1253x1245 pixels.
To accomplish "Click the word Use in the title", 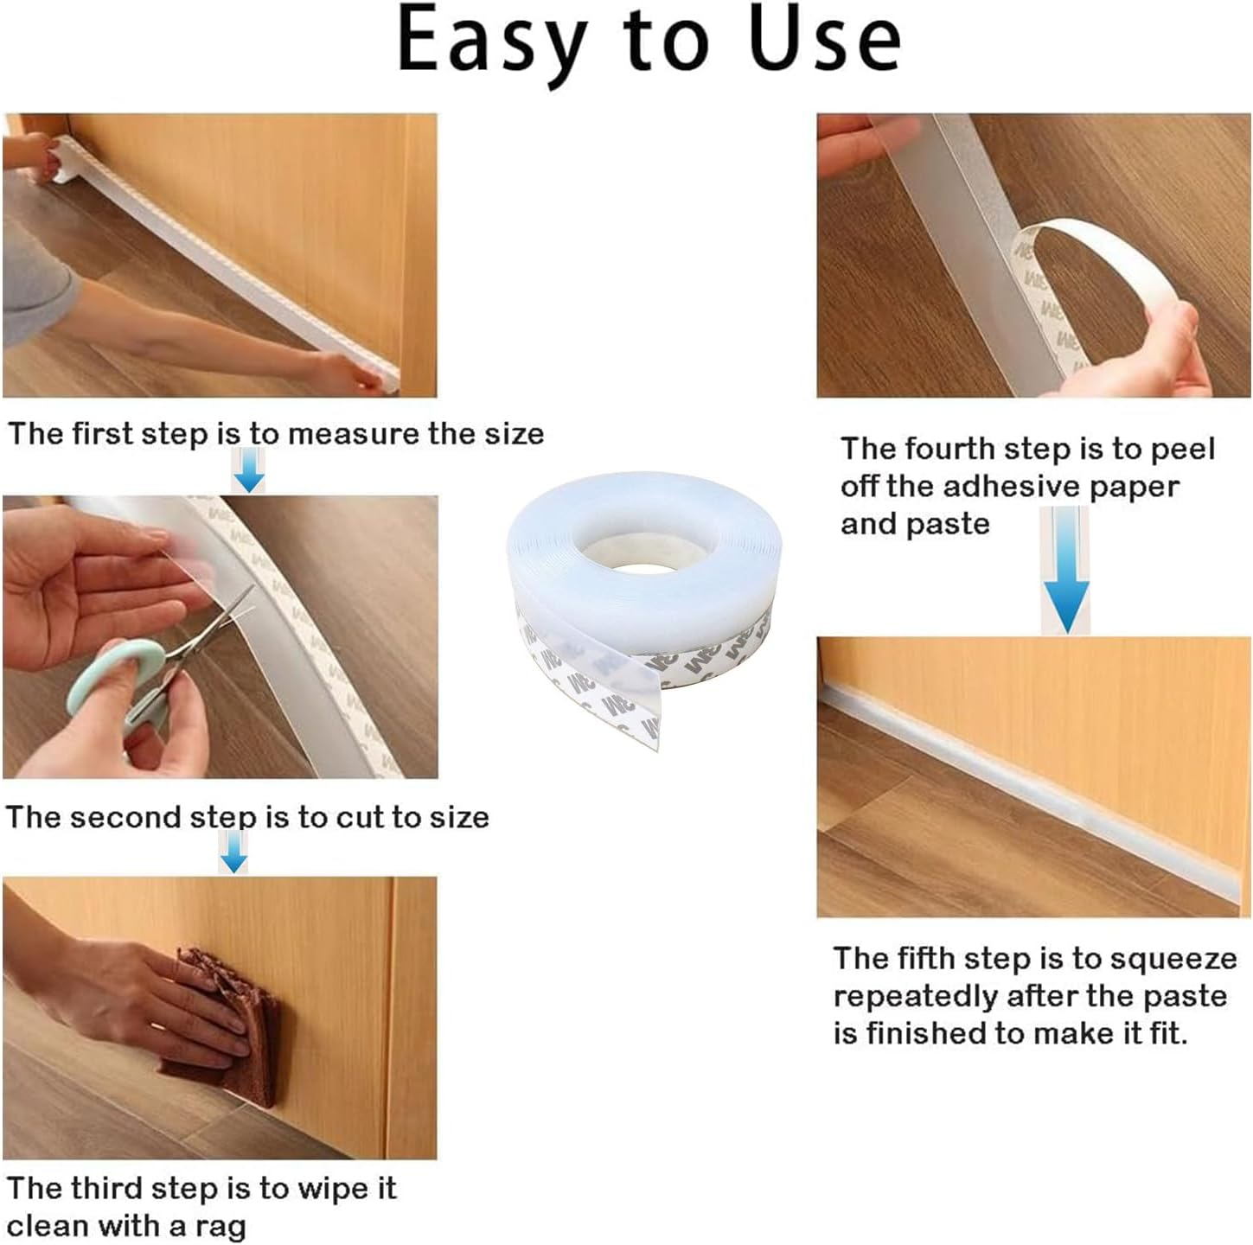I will tap(826, 41).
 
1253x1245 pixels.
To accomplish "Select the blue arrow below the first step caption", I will tap(249, 472).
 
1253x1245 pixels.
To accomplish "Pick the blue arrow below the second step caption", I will tap(233, 854).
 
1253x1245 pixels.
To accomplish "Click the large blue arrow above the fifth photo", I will tap(1065, 597).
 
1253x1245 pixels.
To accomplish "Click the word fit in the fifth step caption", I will tap(1167, 1033).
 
